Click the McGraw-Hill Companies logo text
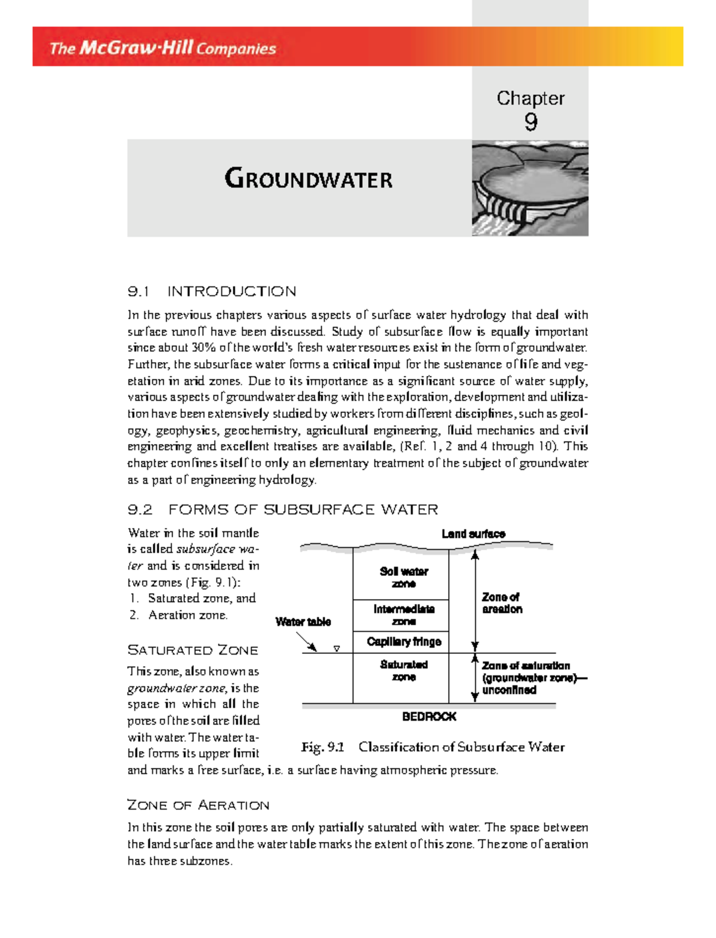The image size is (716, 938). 162,48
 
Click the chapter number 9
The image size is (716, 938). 530,122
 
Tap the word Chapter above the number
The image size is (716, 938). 530,98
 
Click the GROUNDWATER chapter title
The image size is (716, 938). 308,179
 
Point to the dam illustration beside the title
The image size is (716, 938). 530,188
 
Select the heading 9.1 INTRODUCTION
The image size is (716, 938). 212,291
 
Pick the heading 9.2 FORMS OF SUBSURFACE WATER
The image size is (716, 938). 283,510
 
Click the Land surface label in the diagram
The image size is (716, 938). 473,534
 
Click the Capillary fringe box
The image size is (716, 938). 404,641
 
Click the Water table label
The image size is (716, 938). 303,622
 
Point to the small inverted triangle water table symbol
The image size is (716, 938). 337,649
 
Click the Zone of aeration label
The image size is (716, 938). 502,603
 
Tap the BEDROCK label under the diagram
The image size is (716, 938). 429,717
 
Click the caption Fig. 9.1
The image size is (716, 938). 323,747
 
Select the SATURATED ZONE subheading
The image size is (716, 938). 193,650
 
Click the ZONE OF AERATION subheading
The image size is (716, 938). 198,806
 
